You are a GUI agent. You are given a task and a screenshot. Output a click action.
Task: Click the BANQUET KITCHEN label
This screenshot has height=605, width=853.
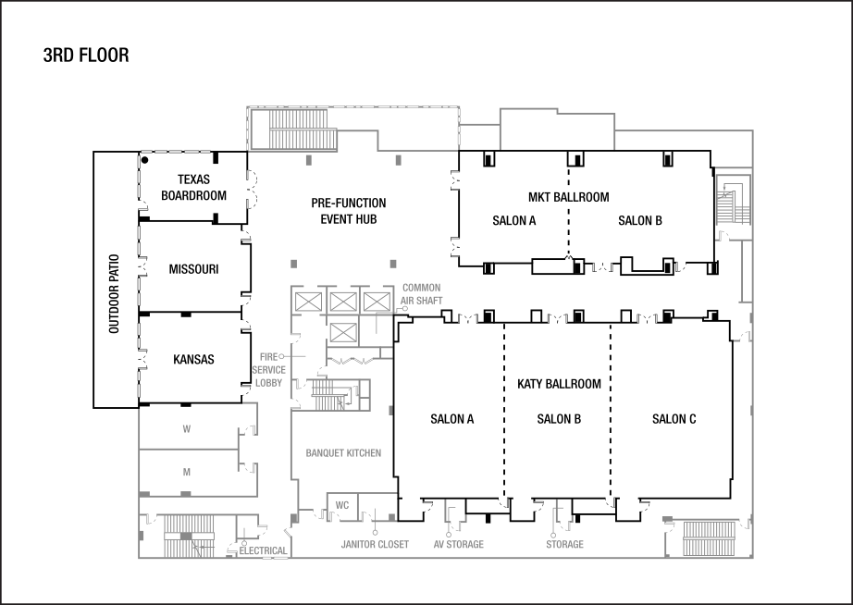[x=343, y=453]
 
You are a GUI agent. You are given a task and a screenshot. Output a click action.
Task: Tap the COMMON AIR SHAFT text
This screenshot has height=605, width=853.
[x=421, y=294]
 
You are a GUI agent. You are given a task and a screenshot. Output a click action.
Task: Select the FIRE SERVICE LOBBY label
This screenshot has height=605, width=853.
[x=269, y=369]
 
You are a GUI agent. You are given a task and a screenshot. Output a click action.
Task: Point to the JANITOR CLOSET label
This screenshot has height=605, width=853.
[x=375, y=545]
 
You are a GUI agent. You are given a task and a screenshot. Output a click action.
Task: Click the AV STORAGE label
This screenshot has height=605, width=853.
[x=458, y=545]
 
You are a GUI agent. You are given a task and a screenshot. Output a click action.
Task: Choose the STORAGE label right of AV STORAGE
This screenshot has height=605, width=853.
[x=564, y=545]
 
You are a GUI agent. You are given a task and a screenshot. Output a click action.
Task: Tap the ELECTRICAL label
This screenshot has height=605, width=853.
[x=264, y=551]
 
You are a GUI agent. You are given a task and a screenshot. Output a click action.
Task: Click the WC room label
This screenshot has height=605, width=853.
[x=341, y=505]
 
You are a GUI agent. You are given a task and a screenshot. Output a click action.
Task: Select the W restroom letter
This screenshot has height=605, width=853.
[x=186, y=429]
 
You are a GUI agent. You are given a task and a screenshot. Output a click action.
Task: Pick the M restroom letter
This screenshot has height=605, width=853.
[x=186, y=473]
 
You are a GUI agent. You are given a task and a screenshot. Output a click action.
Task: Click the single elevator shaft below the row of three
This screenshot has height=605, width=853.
[x=343, y=332]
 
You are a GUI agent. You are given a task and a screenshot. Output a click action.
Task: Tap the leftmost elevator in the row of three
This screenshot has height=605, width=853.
[x=308, y=302]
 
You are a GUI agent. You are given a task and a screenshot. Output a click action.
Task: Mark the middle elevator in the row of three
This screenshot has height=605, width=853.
[x=343, y=302]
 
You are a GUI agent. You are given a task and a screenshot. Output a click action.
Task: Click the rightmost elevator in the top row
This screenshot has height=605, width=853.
[x=375, y=302]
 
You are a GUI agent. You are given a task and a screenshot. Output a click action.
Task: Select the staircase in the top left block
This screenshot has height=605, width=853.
[x=303, y=129]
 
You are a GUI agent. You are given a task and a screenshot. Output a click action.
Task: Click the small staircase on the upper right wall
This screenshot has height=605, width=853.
[x=728, y=203]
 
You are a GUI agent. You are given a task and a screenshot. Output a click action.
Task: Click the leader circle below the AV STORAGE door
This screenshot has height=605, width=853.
[x=449, y=534]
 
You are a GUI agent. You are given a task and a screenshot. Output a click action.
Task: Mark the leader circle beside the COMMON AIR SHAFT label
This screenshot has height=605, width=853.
[x=405, y=309]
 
